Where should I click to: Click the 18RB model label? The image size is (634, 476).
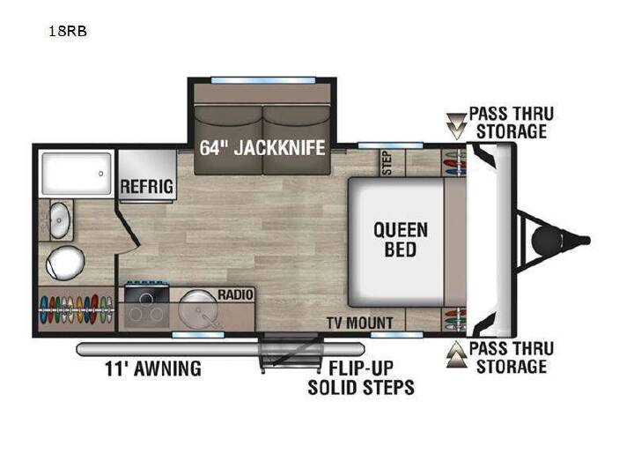(68, 31)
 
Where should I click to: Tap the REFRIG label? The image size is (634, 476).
(147, 187)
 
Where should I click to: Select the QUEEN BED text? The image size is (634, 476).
(401, 240)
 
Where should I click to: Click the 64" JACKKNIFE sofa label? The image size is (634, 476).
(262, 147)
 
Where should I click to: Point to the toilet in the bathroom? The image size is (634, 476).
(64, 263)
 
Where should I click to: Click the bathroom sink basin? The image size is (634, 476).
(60, 220)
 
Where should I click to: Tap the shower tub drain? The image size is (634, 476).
(100, 174)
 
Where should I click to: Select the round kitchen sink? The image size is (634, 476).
(198, 309)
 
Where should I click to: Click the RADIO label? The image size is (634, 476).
(235, 294)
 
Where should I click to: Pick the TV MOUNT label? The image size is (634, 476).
(359, 323)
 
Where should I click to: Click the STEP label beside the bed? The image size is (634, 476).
(387, 162)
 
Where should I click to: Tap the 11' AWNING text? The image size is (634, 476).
(153, 368)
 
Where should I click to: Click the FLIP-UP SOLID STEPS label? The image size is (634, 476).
(361, 378)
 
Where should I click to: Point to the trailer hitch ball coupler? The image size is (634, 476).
(547, 241)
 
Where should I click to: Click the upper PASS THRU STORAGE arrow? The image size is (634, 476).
(456, 126)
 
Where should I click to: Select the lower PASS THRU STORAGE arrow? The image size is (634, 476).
(456, 354)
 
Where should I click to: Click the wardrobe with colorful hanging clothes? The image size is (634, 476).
(76, 309)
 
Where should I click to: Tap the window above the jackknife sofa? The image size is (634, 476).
(262, 80)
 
